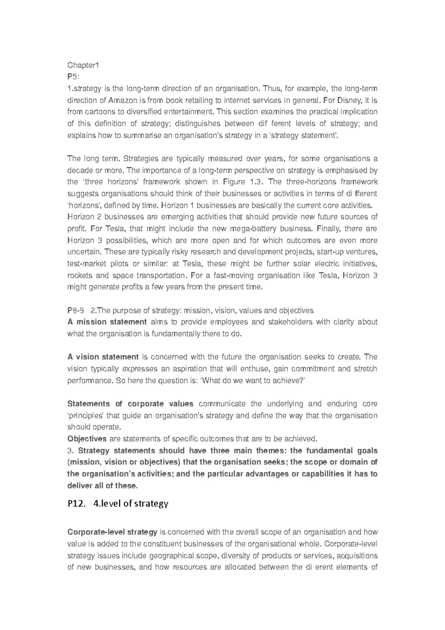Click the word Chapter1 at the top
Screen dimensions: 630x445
(83, 65)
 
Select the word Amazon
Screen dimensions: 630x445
(123, 100)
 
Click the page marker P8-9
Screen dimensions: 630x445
(76, 310)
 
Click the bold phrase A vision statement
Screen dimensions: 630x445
(103, 357)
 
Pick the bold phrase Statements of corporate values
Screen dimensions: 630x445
(130, 404)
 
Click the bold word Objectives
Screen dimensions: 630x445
(87, 439)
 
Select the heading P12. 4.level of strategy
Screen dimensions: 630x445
(118, 504)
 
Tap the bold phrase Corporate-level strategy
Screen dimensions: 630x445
(112, 532)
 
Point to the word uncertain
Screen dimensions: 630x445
(84, 252)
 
